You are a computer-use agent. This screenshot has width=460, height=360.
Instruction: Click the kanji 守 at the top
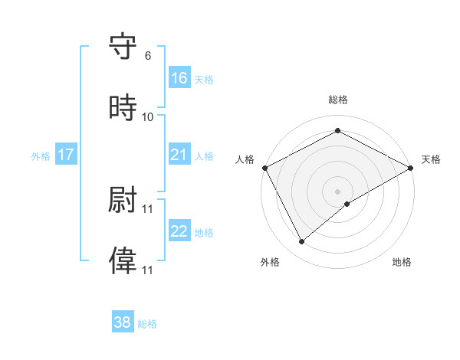[x=123, y=47]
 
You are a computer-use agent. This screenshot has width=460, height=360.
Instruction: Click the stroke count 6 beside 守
[x=147, y=55]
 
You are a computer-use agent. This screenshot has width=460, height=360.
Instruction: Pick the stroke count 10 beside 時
[x=148, y=117]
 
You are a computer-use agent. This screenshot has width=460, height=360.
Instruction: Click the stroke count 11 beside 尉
[x=148, y=208]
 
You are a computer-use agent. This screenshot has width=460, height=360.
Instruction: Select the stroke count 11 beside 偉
[x=148, y=270]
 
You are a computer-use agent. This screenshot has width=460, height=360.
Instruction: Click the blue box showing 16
[x=179, y=78]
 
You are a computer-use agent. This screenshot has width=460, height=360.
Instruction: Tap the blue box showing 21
[x=179, y=155]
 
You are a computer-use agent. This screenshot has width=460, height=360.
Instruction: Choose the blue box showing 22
[x=179, y=231]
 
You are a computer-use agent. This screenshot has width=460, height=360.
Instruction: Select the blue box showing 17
[x=66, y=155]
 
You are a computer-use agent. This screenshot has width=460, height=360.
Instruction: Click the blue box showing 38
[x=123, y=322]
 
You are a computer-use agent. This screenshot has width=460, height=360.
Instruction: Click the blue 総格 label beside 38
[x=147, y=324]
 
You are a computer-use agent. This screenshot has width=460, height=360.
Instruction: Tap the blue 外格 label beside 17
[x=41, y=156]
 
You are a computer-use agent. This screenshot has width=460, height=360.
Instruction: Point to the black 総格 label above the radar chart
[x=338, y=100]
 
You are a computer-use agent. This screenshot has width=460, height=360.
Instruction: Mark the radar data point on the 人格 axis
[x=264, y=167]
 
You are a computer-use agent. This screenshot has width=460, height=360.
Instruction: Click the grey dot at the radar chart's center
[x=338, y=191]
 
